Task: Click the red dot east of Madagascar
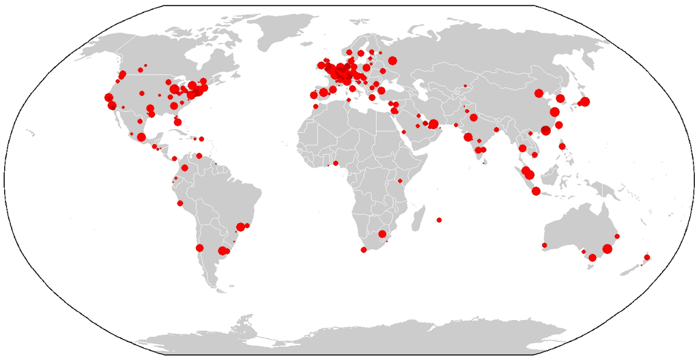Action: pos(440,220)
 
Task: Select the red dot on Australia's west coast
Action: pos(545,245)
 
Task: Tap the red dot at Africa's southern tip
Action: pos(363,250)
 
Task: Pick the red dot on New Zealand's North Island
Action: pos(647,257)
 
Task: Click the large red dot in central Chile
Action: pos(199,248)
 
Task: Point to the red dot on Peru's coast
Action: pos(180,203)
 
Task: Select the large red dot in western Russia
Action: pos(393,61)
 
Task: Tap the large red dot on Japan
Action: pos(584,102)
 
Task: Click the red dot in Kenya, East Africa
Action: pos(399,181)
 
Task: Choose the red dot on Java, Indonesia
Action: pos(536,191)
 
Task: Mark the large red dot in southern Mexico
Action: pos(141,137)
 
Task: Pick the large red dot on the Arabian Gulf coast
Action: pos(433,124)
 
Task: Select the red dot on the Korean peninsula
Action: pos(560,98)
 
